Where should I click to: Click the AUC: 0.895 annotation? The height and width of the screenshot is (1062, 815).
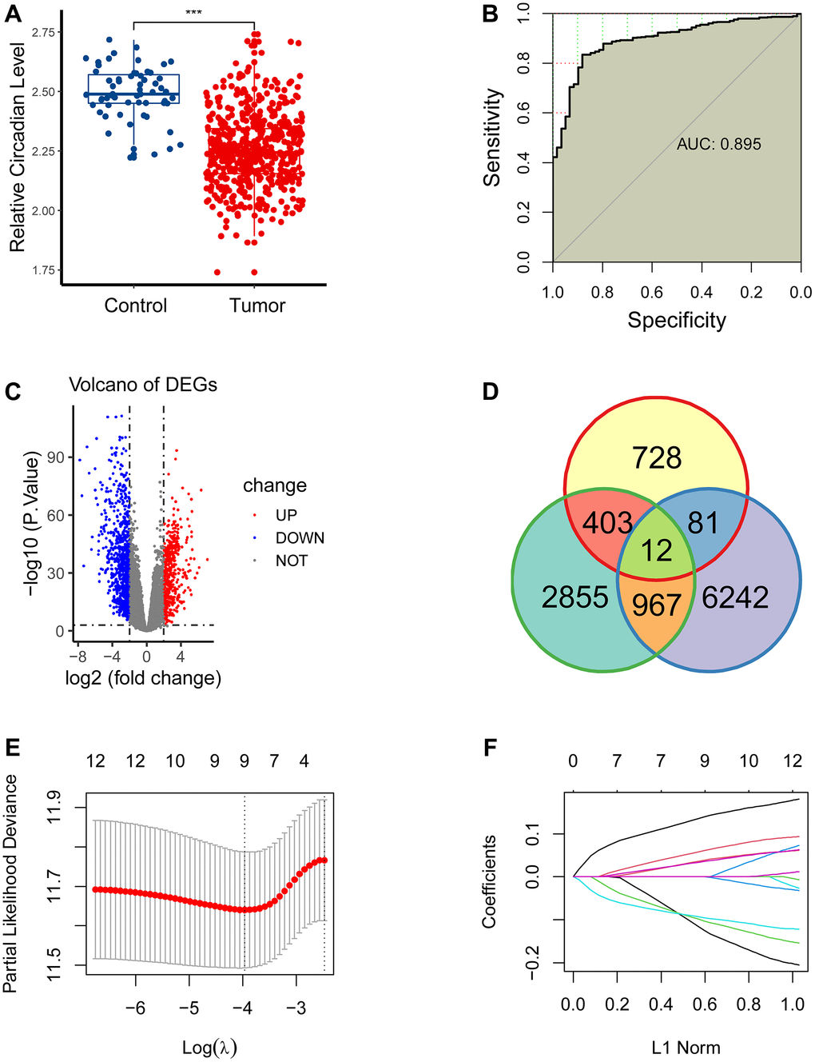pyautogui.click(x=718, y=145)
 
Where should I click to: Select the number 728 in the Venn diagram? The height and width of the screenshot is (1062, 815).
pyautogui.click(x=657, y=458)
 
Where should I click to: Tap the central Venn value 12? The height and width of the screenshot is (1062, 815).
pyautogui.click(x=657, y=551)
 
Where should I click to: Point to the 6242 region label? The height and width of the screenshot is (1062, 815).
pyautogui.click(x=735, y=597)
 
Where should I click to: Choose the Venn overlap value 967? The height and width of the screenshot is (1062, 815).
pyautogui.click(x=657, y=605)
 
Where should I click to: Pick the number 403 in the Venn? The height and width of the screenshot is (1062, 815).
pyautogui.click(x=607, y=523)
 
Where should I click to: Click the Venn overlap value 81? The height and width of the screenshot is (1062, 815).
pyautogui.click(x=703, y=523)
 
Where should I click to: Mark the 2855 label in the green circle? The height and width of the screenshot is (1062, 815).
pyautogui.click(x=575, y=597)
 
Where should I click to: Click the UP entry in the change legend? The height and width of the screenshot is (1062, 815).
pyautogui.click(x=286, y=516)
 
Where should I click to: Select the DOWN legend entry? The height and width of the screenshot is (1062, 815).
pyautogui.click(x=300, y=538)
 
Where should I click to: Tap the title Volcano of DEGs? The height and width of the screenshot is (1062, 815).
pyautogui.click(x=143, y=385)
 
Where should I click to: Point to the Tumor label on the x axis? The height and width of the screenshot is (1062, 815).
pyautogui.click(x=257, y=305)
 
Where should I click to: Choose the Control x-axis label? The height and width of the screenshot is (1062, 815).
pyautogui.click(x=136, y=305)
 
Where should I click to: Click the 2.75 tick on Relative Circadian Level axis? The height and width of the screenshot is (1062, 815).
pyautogui.click(x=44, y=32)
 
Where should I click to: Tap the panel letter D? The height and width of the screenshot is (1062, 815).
pyautogui.click(x=490, y=392)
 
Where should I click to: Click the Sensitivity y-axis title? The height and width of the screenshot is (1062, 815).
pyautogui.click(x=492, y=138)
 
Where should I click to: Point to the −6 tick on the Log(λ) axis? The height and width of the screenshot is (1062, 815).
pyautogui.click(x=136, y=1008)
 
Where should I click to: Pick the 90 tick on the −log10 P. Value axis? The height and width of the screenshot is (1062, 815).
pyautogui.click(x=55, y=457)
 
